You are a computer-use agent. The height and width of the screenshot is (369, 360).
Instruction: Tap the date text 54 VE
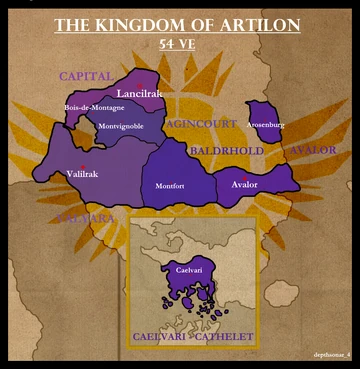180,45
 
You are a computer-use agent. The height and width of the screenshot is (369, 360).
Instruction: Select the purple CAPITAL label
86,76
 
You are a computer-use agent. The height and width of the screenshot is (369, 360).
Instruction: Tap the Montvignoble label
121,126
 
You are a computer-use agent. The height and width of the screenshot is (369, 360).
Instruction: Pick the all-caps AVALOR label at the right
312,150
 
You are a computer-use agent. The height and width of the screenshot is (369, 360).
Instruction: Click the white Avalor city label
245,185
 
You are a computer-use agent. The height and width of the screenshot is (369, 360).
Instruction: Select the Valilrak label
83,174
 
